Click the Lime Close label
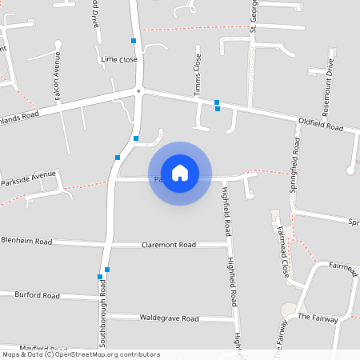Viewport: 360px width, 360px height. pos(119,59)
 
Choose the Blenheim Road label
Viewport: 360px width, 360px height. pos(26,241)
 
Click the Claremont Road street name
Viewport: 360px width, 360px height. pos(168,245)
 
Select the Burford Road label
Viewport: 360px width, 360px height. pos(37,295)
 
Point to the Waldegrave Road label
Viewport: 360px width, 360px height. pos(169,318)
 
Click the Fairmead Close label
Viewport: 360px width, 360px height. pos(282,239)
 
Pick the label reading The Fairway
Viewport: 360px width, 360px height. pos(318,318)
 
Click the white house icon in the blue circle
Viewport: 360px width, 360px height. pos(180,173)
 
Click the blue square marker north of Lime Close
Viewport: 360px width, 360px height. pos(134,40)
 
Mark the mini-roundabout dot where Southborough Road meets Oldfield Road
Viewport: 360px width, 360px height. pos(138,91)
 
